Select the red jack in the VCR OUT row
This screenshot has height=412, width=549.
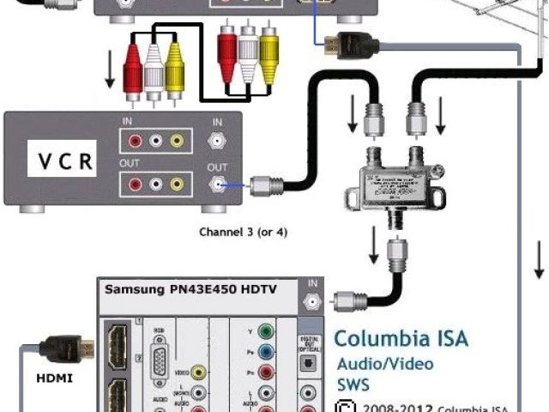[134, 183]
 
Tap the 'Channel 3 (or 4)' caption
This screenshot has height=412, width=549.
[243, 232]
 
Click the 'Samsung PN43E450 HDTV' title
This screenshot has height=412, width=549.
[190, 289]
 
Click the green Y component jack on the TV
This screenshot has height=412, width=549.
[268, 330]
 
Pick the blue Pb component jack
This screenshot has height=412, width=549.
[268, 352]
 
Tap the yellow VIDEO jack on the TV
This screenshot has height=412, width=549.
[199, 372]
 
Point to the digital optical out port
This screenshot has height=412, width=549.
[307, 363]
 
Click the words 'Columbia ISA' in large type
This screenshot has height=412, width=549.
[401, 337]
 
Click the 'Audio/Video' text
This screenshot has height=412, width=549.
[384, 363]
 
